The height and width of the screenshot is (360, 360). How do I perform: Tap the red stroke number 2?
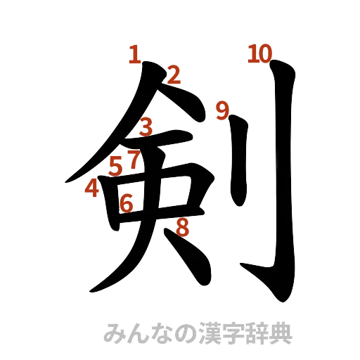click(x=174, y=74)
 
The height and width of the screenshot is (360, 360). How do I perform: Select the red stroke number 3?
click(x=146, y=127)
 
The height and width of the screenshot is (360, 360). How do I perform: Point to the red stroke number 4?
click(x=92, y=188)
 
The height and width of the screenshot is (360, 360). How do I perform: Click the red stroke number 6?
click(x=127, y=203)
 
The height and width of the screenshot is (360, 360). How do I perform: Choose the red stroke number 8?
click(x=182, y=227)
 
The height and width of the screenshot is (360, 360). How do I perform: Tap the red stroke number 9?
click(x=223, y=110)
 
